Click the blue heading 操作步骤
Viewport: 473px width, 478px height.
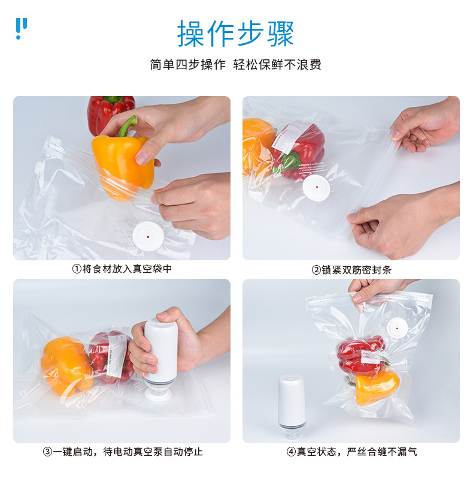coord(235,33)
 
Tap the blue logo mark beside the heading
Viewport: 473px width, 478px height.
coord(21,28)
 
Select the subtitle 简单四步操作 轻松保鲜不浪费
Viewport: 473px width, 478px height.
coord(235,65)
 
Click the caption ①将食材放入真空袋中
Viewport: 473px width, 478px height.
coord(122,269)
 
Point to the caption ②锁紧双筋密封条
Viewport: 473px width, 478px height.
coord(351,270)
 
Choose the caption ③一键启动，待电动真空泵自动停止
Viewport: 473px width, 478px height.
coord(122,452)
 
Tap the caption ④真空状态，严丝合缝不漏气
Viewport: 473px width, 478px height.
coord(351,452)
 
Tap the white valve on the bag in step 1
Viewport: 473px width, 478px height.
coord(148,236)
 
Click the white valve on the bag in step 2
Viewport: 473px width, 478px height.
coord(316,188)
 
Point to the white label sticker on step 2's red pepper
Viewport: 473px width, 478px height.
coord(290,137)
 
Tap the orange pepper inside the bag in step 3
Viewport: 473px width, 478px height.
coord(66,365)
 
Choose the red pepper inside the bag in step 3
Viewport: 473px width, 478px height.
coord(111,357)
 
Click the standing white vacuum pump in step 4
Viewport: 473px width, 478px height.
coord(292,405)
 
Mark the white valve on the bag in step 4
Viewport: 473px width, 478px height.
coord(397,329)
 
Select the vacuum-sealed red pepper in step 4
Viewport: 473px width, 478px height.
coord(361,354)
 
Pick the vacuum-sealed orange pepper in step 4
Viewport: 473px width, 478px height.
coord(377,387)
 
